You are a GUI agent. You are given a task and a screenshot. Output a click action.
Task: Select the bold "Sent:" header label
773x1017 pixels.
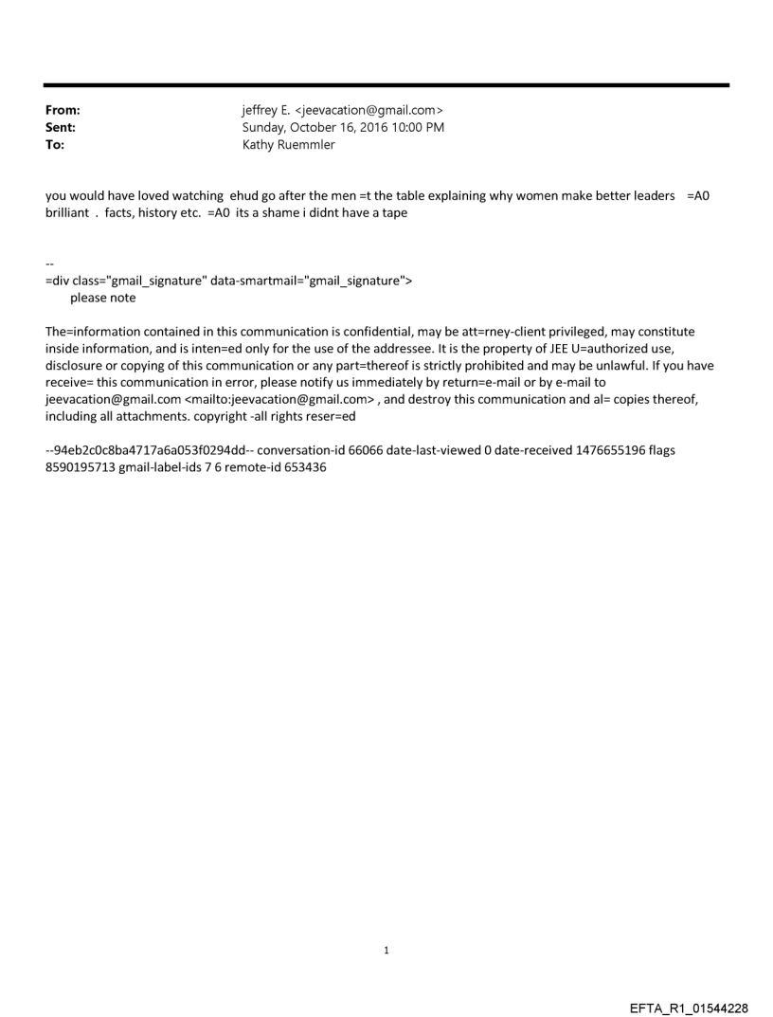pos(60,126)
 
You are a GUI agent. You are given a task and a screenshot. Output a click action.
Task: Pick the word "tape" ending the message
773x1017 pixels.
pos(395,212)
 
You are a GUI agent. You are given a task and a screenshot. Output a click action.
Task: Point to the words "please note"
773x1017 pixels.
pos(103,298)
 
